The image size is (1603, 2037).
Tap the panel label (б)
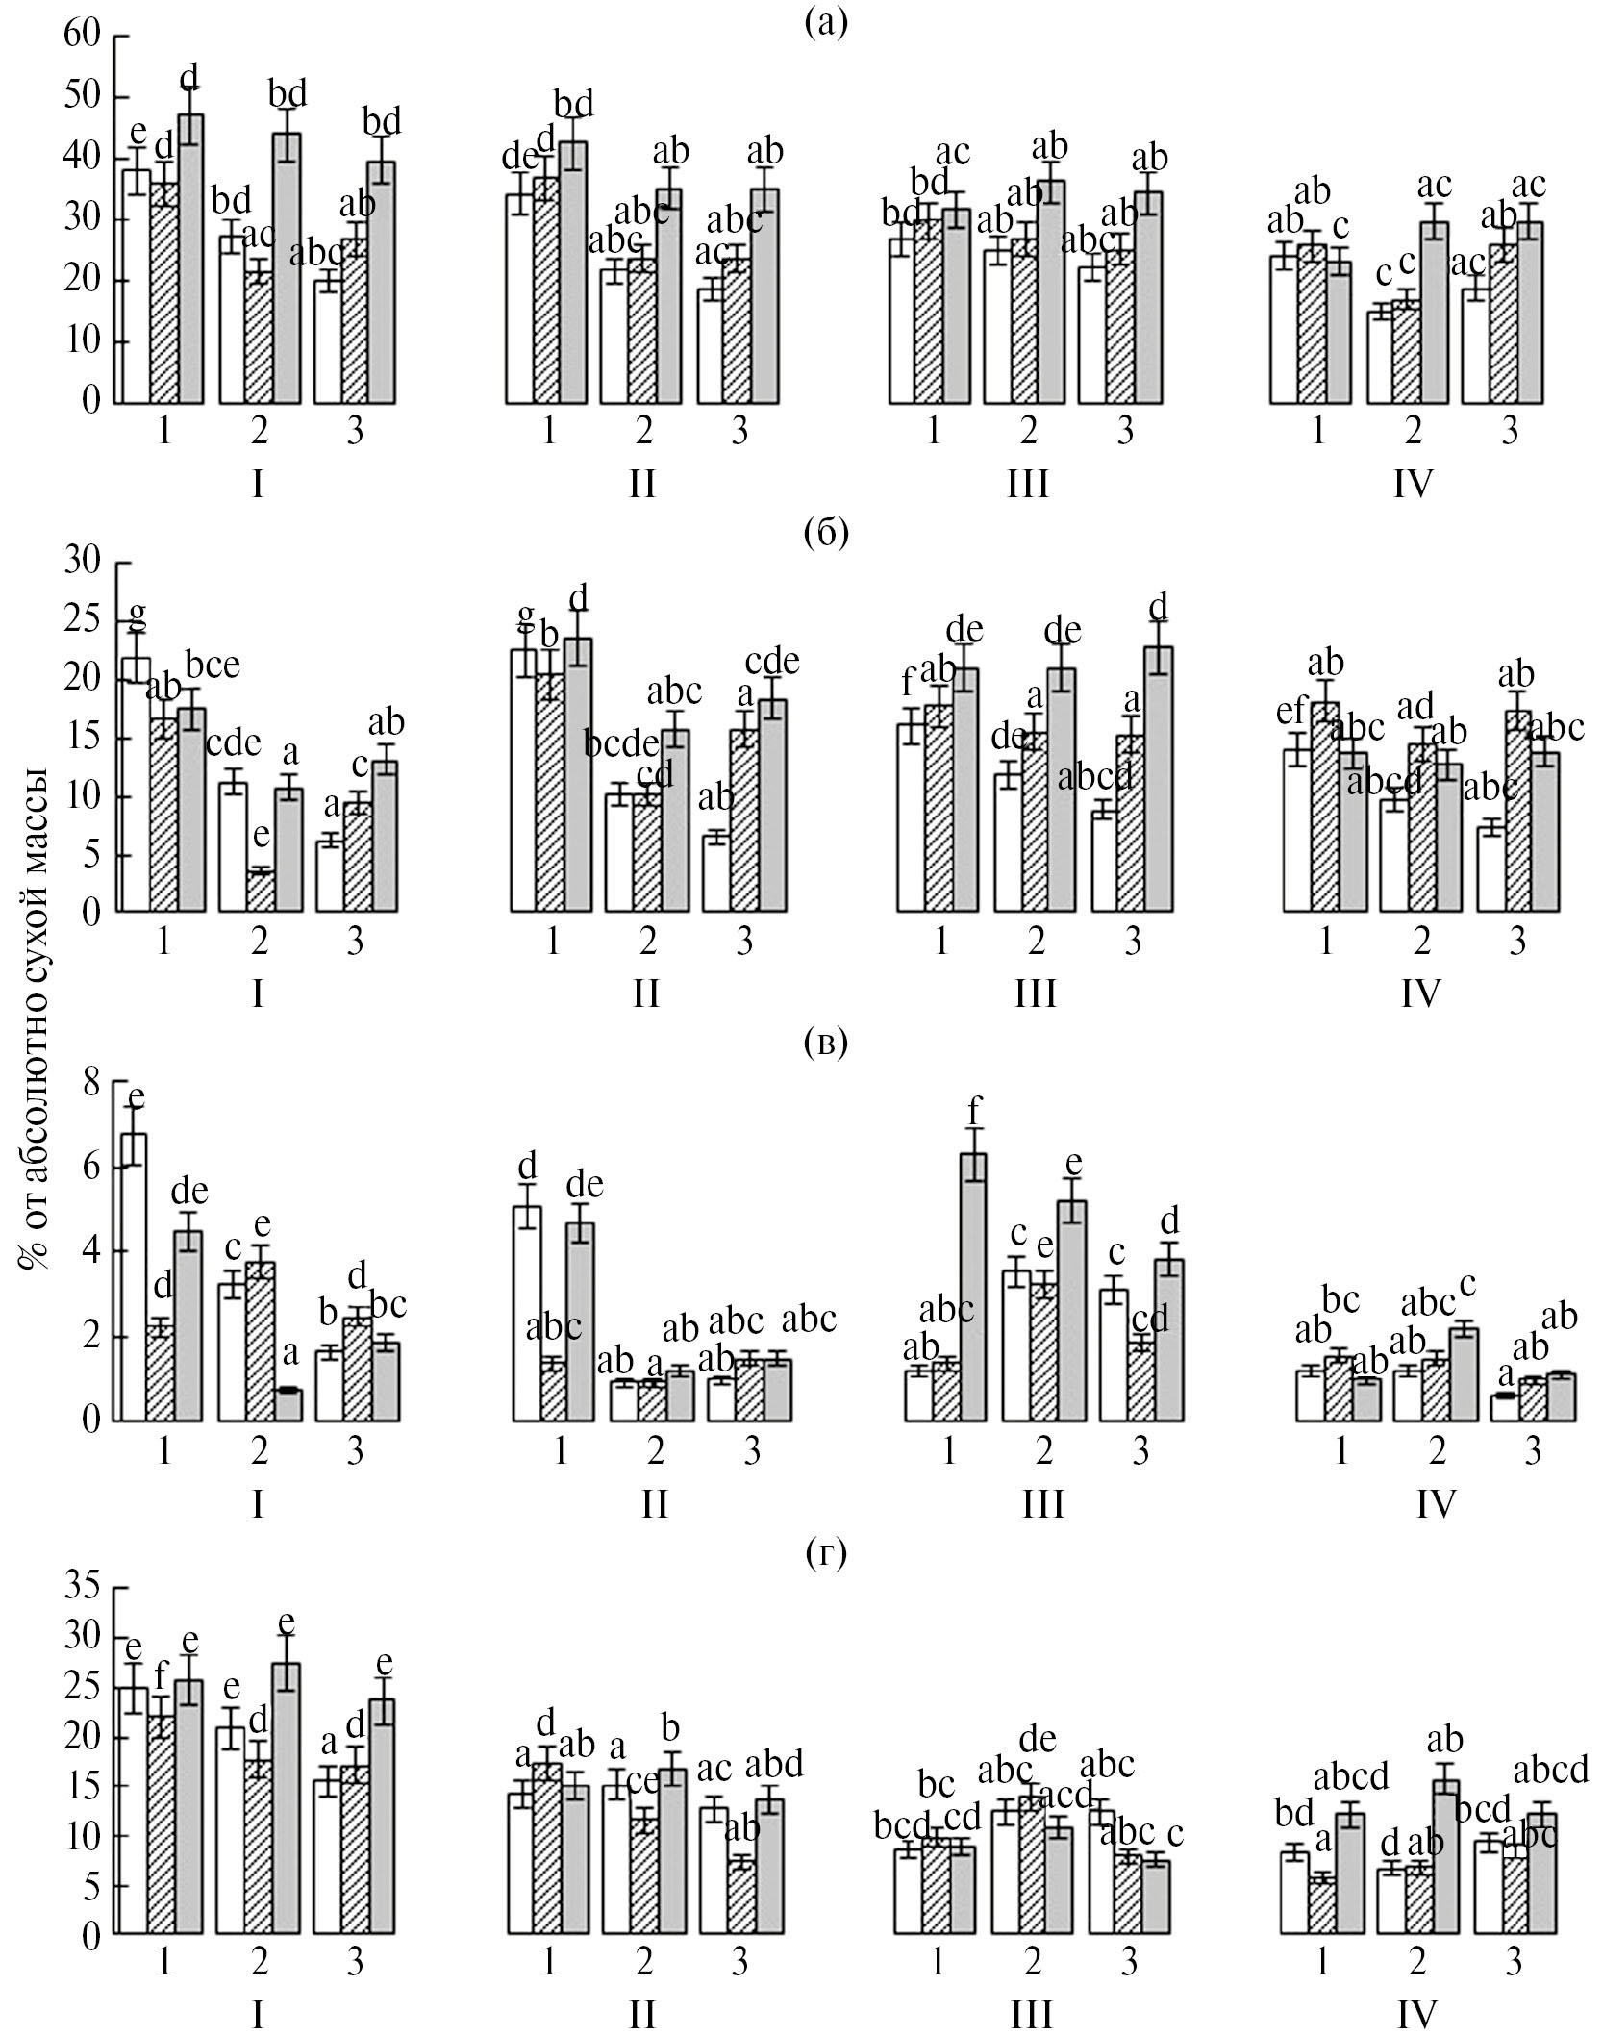[826, 531]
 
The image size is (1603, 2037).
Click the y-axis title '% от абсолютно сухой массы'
[37, 1018]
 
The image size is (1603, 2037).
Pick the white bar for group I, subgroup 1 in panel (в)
[134, 1276]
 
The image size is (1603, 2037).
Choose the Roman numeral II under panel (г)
[642, 2012]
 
